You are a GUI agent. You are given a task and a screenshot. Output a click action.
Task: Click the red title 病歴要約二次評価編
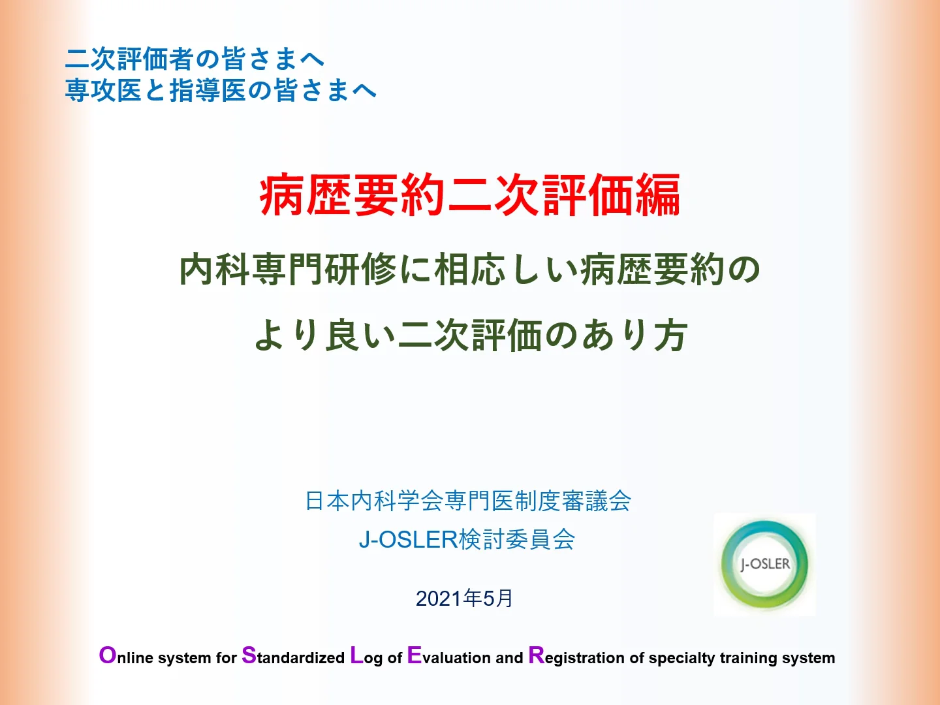click(x=470, y=195)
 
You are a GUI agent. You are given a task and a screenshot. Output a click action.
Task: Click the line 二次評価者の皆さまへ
click(x=195, y=59)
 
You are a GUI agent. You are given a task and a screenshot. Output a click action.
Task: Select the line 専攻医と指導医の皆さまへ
click(x=221, y=90)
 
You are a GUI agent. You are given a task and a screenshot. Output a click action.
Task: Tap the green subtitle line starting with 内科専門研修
click(x=470, y=270)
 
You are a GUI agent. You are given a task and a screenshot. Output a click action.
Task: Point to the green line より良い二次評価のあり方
click(x=471, y=335)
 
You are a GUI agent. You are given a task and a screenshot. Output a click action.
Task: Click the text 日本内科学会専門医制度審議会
click(x=467, y=501)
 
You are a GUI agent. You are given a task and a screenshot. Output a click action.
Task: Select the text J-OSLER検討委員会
click(x=467, y=539)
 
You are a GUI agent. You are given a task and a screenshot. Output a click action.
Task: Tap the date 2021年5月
click(x=464, y=598)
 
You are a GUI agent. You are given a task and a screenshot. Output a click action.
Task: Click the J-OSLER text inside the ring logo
click(x=765, y=564)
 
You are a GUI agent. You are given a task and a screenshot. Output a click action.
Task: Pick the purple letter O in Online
click(x=108, y=655)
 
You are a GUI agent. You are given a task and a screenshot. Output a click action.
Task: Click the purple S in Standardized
click(x=249, y=655)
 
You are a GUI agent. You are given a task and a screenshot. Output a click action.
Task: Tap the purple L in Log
click(x=356, y=655)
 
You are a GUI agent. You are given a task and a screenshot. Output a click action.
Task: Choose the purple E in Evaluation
click(x=414, y=655)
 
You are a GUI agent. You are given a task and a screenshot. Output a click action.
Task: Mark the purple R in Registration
click(x=536, y=655)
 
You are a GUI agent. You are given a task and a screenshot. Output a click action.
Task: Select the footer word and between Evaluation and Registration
click(x=509, y=657)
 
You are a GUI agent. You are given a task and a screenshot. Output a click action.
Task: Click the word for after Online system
click(x=226, y=657)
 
